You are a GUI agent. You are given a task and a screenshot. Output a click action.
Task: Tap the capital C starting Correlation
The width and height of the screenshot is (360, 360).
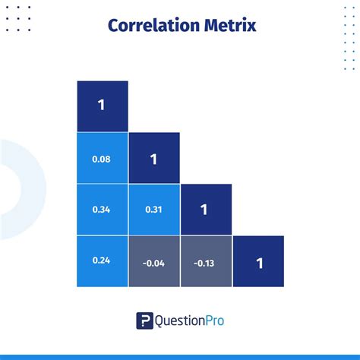coord(114,25)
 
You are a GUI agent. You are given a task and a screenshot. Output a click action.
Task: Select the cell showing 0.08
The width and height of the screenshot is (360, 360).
coord(102,159)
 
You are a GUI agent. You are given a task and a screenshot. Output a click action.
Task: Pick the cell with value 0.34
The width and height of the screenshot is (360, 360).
coord(102,210)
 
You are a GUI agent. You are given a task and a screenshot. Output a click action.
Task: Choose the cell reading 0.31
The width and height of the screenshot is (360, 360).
coord(153,210)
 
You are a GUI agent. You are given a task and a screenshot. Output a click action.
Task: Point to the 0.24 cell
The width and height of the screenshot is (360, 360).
coord(102,261)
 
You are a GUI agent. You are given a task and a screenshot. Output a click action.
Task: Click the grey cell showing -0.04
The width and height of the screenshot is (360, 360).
coord(153,263)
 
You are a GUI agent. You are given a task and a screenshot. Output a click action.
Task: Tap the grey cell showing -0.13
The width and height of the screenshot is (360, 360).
coord(205,263)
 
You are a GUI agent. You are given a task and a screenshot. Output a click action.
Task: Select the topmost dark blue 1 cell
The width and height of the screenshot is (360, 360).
coord(102,106)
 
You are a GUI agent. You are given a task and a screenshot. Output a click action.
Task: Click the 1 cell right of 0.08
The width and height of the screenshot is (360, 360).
coord(153,159)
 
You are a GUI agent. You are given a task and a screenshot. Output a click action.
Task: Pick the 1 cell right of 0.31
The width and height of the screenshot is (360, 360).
coord(205,210)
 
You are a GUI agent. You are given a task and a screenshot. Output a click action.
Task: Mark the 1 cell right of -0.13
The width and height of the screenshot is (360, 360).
coord(258,263)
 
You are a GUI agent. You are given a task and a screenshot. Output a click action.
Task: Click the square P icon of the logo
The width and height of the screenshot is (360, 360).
coord(144,321)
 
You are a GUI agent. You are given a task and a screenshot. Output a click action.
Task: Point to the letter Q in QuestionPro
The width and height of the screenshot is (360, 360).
coord(161,321)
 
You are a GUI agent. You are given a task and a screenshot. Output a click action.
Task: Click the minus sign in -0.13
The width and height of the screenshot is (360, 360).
coord(195,263)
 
